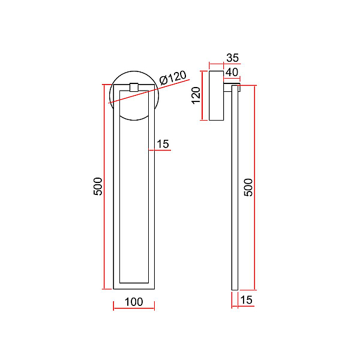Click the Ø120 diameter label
173,77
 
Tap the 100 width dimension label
134,302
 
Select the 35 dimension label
233,58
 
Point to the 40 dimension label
232,72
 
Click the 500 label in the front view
98,186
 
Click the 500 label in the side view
248,187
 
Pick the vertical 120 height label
196,95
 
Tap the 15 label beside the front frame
163,144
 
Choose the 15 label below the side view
247,300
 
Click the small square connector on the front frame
134,87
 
